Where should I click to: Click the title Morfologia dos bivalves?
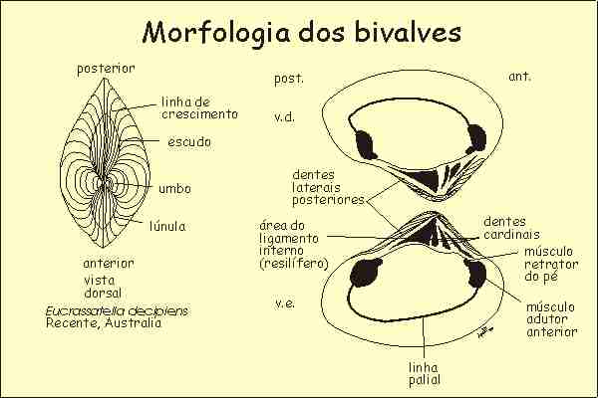(x=301, y=32)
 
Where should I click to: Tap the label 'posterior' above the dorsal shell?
(x=107, y=69)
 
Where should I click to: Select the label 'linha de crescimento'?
(x=200, y=107)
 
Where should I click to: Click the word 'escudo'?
(x=189, y=142)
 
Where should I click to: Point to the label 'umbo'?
(x=174, y=188)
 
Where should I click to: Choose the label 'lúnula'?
(x=166, y=226)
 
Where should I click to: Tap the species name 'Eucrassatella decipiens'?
(x=118, y=310)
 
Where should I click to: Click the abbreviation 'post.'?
(x=288, y=76)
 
